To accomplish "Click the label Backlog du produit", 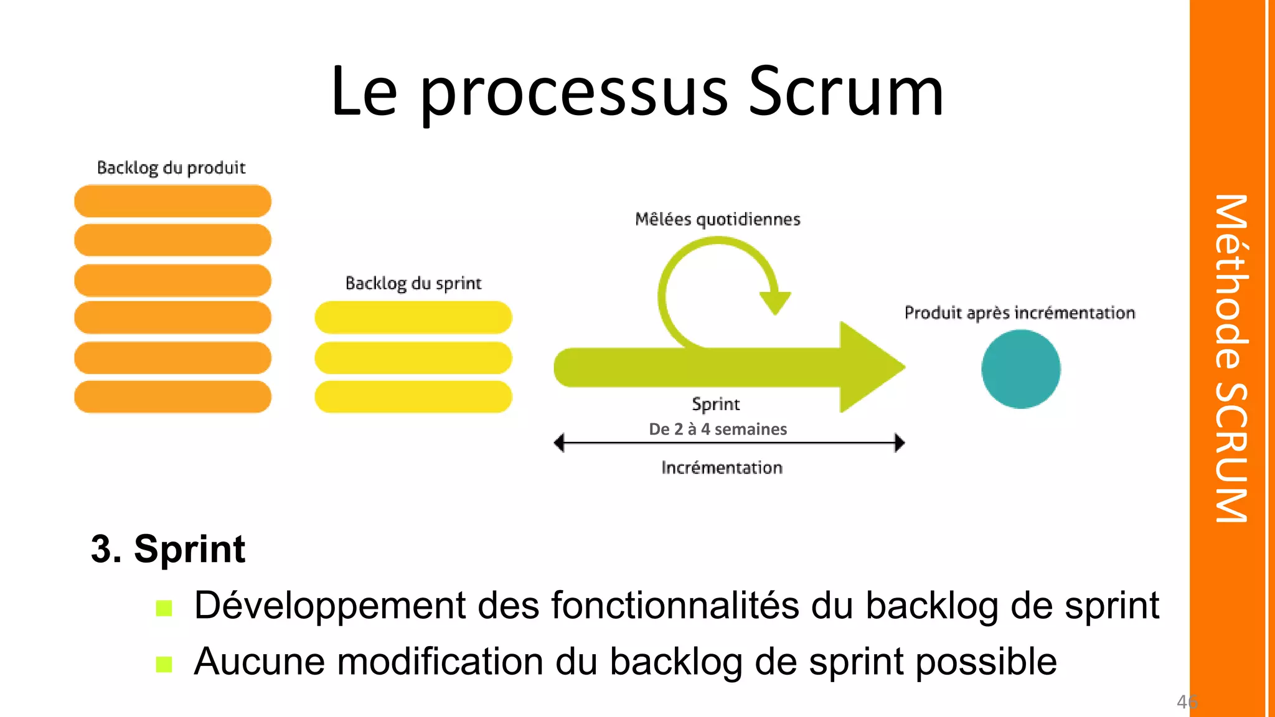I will point(171,168).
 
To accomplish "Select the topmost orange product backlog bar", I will point(172,201).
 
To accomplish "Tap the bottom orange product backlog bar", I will point(172,397).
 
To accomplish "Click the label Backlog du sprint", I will point(413,284).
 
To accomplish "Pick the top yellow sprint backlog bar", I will point(413,317).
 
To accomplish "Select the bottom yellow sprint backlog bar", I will point(413,397).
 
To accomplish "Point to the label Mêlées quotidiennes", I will point(717,220).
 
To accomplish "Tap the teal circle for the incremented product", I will point(1020,369).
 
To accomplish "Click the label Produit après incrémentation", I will point(1019,313).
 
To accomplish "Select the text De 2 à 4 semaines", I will point(718,429).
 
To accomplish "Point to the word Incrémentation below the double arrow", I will point(722,468).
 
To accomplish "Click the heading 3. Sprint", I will point(168,549).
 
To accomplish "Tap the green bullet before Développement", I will point(164,608).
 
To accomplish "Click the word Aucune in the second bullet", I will point(258,662).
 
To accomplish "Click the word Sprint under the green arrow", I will point(716,405).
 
